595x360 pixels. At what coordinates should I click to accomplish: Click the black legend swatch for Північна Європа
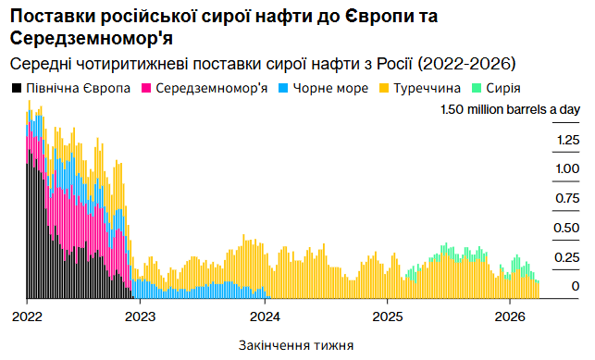[x=16, y=89]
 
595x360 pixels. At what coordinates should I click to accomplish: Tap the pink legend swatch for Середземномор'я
[x=146, y=89]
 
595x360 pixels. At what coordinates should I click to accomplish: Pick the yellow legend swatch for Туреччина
[x=384, y=89]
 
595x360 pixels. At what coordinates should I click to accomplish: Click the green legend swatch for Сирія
[x=477, y=89]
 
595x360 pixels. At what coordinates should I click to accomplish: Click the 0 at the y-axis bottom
[x=575, y=287]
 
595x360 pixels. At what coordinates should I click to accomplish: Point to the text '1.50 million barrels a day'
[x=510, y=110]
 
